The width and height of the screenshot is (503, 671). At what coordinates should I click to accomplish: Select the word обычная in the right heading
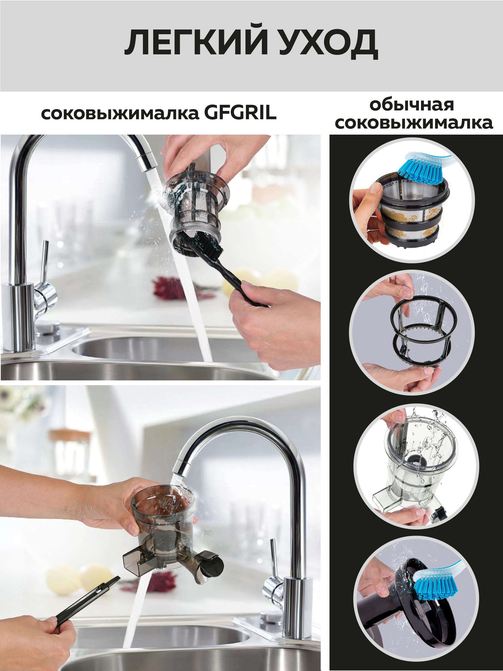pos(411,105)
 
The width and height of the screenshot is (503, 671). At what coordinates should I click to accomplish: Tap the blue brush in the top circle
pos(423,173)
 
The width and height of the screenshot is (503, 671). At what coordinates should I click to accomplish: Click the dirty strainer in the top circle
pos(412,212)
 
